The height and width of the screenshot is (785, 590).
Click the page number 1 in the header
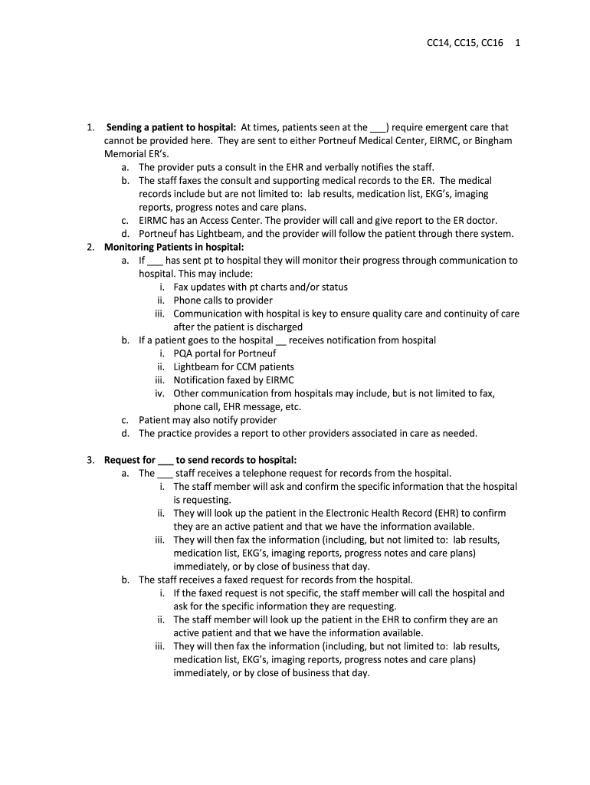pyautogui.click(x=519, y=43)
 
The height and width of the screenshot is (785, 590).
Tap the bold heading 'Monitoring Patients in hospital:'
pyautogui.click(x=174, y=247)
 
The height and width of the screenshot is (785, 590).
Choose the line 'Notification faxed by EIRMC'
pyautogui.click(x=233, y=380)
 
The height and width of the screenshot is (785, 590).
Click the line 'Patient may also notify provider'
pyautogui.click(x=208, y=420)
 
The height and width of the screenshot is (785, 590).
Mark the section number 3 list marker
pyautogui.click(x=90, y=460)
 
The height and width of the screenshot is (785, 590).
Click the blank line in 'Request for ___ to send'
pyautogui.click(x=166, y=460)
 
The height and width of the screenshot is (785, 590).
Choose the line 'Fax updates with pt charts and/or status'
pyautogui.click(x=261, y=287)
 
